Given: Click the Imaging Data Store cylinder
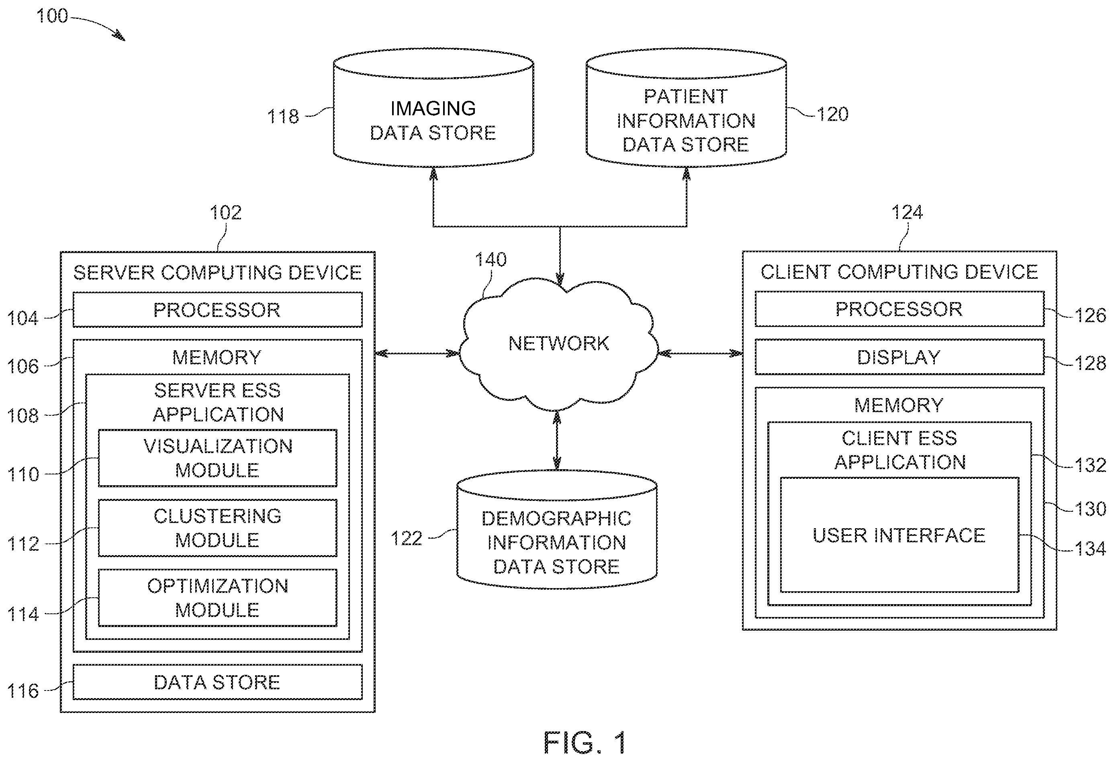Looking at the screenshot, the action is pos(433,108).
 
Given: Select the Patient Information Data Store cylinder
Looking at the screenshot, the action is pos(686,108).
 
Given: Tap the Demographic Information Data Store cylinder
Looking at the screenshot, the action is pos(556,530).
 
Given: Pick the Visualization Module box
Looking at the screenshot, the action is pos(218,458).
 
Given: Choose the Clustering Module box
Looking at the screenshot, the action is pos(218,528).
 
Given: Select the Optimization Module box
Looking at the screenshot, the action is pos(218,598).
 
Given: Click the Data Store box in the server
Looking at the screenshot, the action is pos(218,682).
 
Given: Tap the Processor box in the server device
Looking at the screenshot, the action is pos(218,310).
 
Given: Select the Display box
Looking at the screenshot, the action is pos(899,357).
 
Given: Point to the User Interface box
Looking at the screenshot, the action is pos(899,535).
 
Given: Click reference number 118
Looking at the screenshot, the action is pos(283,116).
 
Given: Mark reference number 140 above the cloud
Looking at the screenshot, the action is pos(491,259).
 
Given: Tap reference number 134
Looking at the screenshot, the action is pos(1090,548).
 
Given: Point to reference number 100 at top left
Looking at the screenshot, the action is pos(52,16).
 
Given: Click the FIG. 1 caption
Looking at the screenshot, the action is pos(585,742).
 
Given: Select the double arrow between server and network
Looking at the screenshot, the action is pos(417,353).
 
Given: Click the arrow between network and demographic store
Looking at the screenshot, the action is pos(556,440).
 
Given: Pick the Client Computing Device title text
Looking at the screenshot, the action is pos(899,272).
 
